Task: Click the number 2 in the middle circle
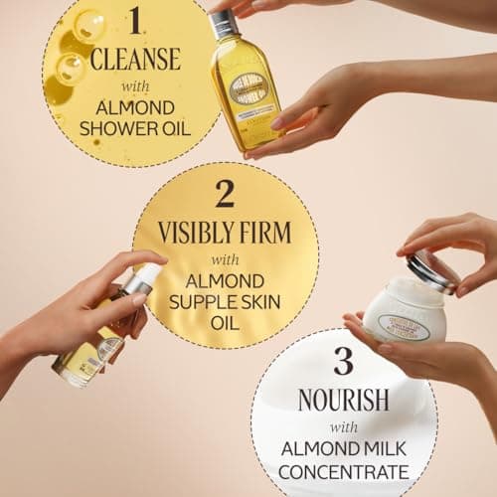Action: tap(225, 194)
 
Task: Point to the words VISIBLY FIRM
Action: tap(225, 232)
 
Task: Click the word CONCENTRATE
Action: tap(343, 470)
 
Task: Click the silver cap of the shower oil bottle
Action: tap(225, 24)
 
